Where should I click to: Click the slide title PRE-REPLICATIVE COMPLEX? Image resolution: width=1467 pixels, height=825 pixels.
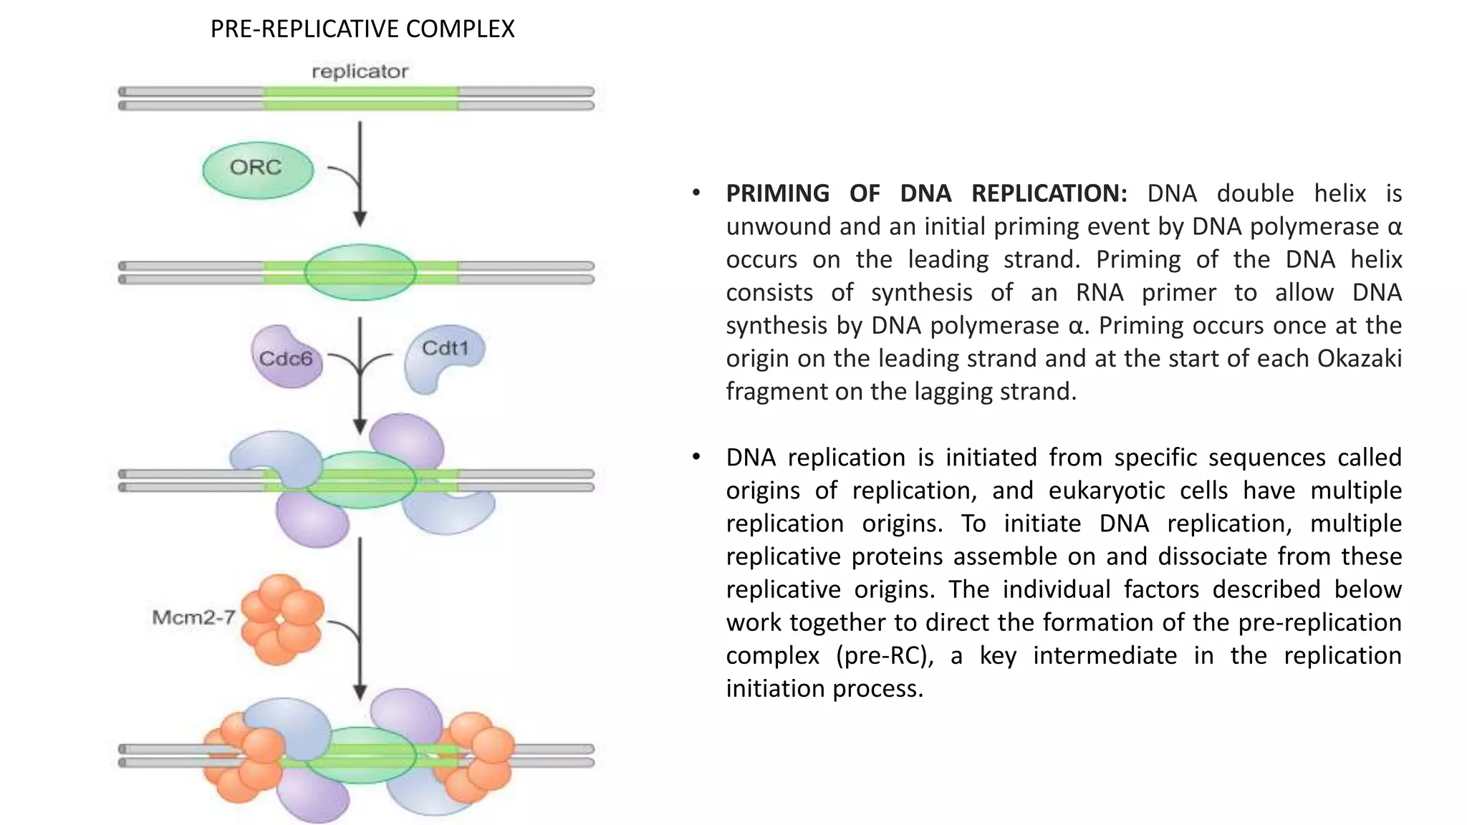362,29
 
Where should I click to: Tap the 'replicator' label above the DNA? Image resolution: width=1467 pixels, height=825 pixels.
360,72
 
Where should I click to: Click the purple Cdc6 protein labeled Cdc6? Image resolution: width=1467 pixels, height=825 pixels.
285,356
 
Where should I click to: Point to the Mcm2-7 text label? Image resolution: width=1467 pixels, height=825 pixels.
193,617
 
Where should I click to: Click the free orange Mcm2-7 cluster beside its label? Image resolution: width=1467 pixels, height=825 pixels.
282,619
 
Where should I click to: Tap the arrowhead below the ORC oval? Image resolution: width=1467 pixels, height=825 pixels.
360,218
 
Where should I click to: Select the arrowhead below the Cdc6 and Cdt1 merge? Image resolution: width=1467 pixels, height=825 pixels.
360,426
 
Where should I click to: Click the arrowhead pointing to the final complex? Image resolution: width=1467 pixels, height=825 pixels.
360,693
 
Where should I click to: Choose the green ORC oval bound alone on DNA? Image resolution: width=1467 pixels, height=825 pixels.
360,272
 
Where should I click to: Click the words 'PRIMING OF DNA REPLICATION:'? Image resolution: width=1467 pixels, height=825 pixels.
926,193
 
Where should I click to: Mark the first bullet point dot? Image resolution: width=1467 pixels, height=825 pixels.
696,193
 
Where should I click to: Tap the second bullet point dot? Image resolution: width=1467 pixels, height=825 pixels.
696,457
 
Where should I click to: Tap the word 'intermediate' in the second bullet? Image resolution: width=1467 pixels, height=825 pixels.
1105,655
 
